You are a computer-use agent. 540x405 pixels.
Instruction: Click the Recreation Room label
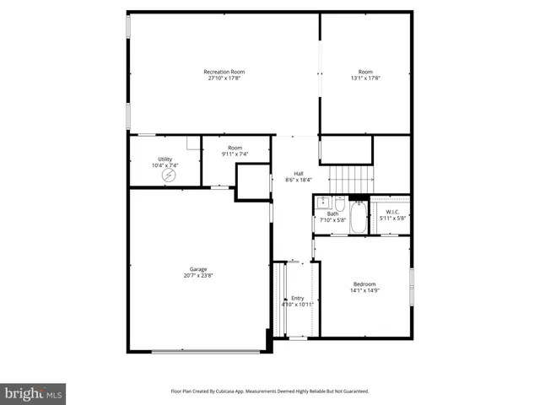tap(223, 72)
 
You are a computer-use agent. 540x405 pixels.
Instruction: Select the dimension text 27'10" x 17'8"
tap(223, 78)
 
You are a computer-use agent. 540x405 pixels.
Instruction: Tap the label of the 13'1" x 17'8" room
tap(364, 72)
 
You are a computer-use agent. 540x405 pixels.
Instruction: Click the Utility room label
tap(165, 159)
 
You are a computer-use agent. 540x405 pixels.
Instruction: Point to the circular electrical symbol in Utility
tap(172, 176)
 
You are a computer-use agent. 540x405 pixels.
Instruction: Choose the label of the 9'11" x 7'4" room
tap(234, 148)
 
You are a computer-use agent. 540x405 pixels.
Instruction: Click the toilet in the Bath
tap(339, 203)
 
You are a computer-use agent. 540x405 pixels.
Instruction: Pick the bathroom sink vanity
tap(322, 202)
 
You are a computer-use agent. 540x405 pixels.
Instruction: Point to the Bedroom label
tap(364, 283)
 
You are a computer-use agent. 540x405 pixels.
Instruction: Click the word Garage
tap(198, 269)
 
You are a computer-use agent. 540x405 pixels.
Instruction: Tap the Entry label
tap(297, 298)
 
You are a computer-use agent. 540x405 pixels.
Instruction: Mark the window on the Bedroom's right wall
tap(412, 278)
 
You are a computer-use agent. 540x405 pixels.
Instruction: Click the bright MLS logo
tap(34, 392)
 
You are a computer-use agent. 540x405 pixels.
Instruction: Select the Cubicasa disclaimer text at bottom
tap(270, 391)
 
